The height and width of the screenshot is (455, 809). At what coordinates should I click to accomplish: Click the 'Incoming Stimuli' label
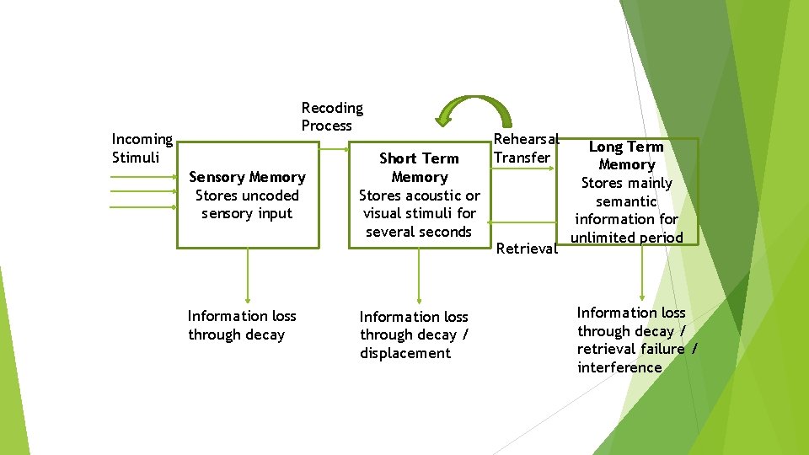point(142,148)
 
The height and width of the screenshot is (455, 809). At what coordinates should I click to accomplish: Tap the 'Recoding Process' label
point(332,116)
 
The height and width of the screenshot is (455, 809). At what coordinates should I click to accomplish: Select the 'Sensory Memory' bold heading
point(247,177)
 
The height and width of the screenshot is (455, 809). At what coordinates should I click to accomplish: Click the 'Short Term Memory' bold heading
point(419,168)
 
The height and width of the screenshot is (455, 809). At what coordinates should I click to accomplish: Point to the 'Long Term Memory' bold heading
point(626,156)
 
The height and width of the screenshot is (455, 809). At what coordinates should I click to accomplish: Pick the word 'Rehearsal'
point(526,139)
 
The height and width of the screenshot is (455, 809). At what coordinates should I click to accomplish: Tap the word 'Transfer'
point(522,158)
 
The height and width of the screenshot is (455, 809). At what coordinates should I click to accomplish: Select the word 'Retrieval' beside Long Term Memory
point(527,249)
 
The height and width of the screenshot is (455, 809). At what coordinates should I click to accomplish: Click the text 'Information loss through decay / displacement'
point(414,335)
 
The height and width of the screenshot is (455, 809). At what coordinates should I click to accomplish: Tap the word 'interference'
point(619,367)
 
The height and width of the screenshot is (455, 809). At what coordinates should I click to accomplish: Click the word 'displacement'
point(405,353)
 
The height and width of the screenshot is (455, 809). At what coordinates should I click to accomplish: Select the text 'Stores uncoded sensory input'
point(247,205)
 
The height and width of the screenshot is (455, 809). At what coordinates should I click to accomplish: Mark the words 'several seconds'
point(419,232)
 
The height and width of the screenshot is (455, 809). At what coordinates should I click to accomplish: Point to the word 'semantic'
point(626,201)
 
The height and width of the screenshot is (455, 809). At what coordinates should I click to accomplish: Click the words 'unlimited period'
point(626,238)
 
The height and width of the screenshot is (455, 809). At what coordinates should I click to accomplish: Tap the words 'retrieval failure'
point(631,349)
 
